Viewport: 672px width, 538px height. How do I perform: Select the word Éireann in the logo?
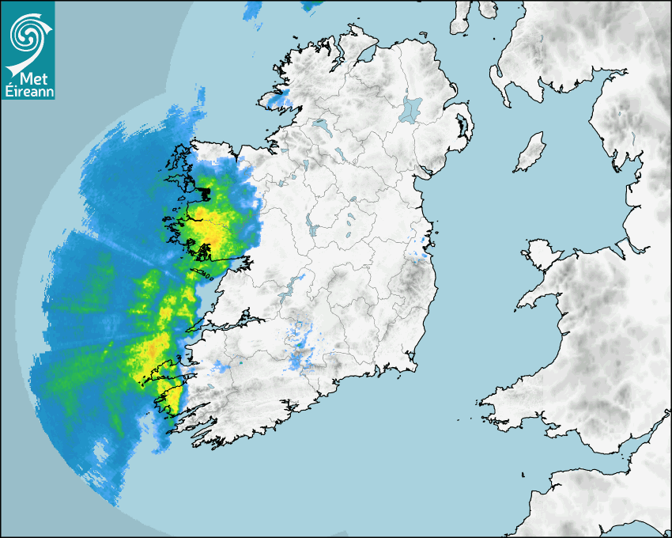(x=28, y=92)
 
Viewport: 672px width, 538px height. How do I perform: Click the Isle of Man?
(x=530, y=151)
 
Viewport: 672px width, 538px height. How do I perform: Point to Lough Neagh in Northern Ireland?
(x=412, y=108)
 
